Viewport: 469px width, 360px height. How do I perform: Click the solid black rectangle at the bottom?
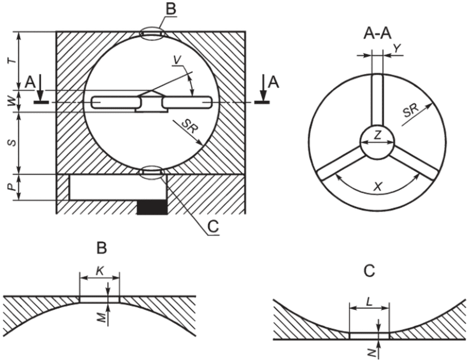pyautogui.click(x=152, y=207)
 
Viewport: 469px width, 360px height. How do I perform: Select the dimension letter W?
pyautogui.click(x=12, y=102)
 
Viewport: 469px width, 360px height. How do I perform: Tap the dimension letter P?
pyautogui.click(x=12, y=188)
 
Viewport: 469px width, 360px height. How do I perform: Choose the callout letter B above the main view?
pyautogui.click(x=171, y=9)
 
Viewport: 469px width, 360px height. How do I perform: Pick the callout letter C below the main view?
pyautogui.click(x=213, y=227)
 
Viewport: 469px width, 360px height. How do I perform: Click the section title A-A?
pyautogui.click(x=377, y=34)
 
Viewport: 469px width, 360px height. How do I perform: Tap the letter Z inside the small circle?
pyautogui.click(x=378, y=136)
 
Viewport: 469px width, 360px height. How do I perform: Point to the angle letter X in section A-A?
pyautogui.click(x=378, y=187)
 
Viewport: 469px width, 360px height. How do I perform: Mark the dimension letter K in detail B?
pyautogui.click(x=100, y=271)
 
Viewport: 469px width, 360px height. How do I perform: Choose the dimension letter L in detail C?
pyautogui.click(x=369, y=302)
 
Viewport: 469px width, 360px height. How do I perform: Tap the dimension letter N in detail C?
pyautogui.click(x=372, y=353)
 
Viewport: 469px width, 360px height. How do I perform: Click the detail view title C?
pyautogui.click(x=369, y=271)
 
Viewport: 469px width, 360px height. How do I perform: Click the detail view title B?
pyautogui.click(x=102, y=248)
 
